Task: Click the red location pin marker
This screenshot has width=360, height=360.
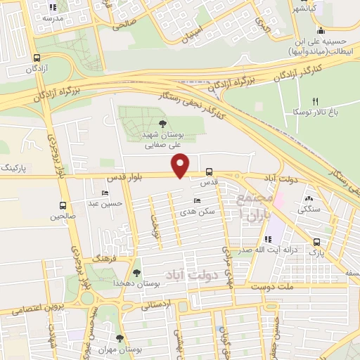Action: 181,165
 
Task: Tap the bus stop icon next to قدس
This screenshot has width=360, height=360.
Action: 209,172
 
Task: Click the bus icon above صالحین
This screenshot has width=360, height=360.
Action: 63,206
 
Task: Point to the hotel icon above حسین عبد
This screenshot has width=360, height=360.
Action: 105,193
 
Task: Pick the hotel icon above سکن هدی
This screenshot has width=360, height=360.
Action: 197,201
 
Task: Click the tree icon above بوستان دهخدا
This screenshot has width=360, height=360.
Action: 136,272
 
